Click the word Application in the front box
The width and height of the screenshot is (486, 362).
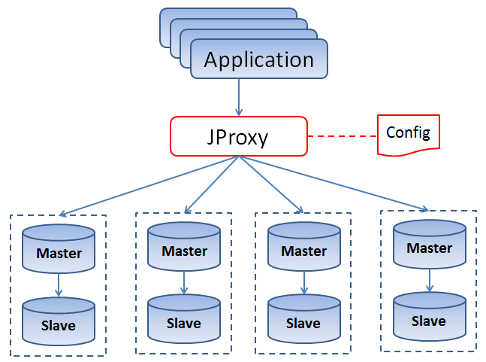[x=259, y=59]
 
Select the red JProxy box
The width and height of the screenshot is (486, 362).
[x=239, y=136]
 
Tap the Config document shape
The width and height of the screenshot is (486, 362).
[x=408, y=135]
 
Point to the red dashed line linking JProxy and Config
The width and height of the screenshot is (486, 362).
[x=343, y=136]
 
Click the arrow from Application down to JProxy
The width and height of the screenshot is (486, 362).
[x=239, y=97]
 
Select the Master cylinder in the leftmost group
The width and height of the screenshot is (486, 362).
[x=59, y=248]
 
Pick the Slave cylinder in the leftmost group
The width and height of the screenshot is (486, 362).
[x=59, y=321]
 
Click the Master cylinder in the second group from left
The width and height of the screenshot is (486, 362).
[x=184, y=247]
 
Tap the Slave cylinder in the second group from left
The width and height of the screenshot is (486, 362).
[x=184, y=319]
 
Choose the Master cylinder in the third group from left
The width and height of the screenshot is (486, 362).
[x=304, y=247]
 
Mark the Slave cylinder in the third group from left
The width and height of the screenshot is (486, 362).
[x=304, y=319]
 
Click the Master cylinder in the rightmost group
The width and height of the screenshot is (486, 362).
[x=430, y=244]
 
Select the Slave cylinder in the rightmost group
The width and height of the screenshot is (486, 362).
[x=430, y=317]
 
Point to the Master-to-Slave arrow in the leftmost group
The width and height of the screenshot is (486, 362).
[x=59, y=285]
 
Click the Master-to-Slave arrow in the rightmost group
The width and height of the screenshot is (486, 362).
[x=430, y=281]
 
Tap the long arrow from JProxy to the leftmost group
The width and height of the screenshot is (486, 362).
[x=149, y=185]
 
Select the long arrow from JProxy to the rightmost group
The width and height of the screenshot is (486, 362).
[x=334, y=184]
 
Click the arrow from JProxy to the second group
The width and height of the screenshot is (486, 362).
[x=212, y=184]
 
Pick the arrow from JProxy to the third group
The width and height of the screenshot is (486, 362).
[x=271, y=184]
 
